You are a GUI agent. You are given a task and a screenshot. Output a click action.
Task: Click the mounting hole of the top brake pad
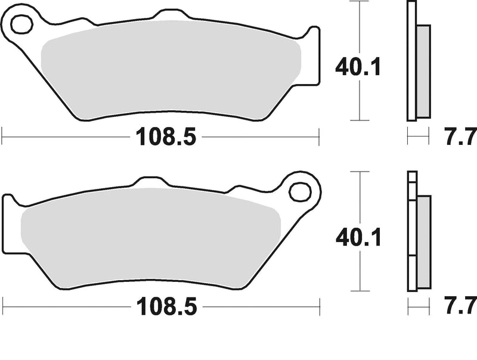click(21, 25)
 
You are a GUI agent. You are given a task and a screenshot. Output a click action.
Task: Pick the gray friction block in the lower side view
click(423, 241)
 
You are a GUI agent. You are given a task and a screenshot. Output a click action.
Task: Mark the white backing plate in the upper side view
click(411, 60)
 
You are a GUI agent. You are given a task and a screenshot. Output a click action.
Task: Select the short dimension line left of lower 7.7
click(418, 309)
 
